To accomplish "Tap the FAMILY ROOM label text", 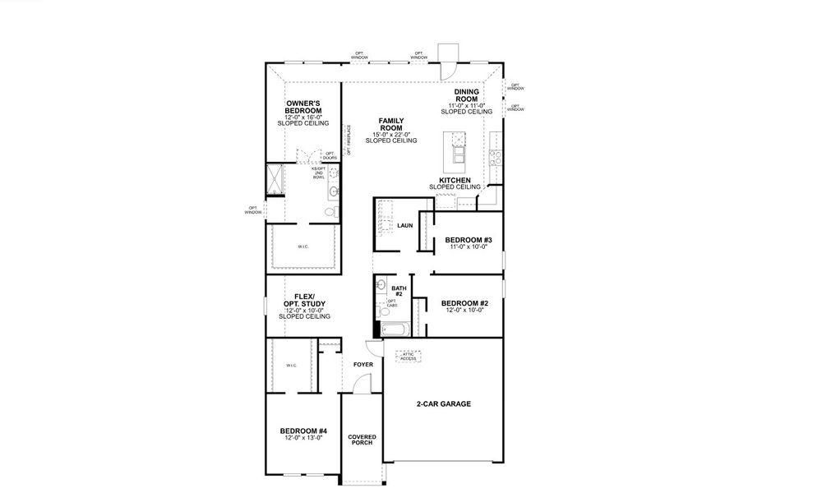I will (390, 125).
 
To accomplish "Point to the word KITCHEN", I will (455, 180).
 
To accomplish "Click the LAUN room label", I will (404, 225).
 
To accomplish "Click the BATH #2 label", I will (399, 291).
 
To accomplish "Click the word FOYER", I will (363, 364).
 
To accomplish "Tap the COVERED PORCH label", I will (361, 440).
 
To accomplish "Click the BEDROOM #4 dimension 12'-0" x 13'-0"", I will (303, 439).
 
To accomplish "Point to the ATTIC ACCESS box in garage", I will (409, 357).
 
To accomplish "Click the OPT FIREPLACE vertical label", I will (349, 140).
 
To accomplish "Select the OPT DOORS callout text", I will (330, 155).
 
